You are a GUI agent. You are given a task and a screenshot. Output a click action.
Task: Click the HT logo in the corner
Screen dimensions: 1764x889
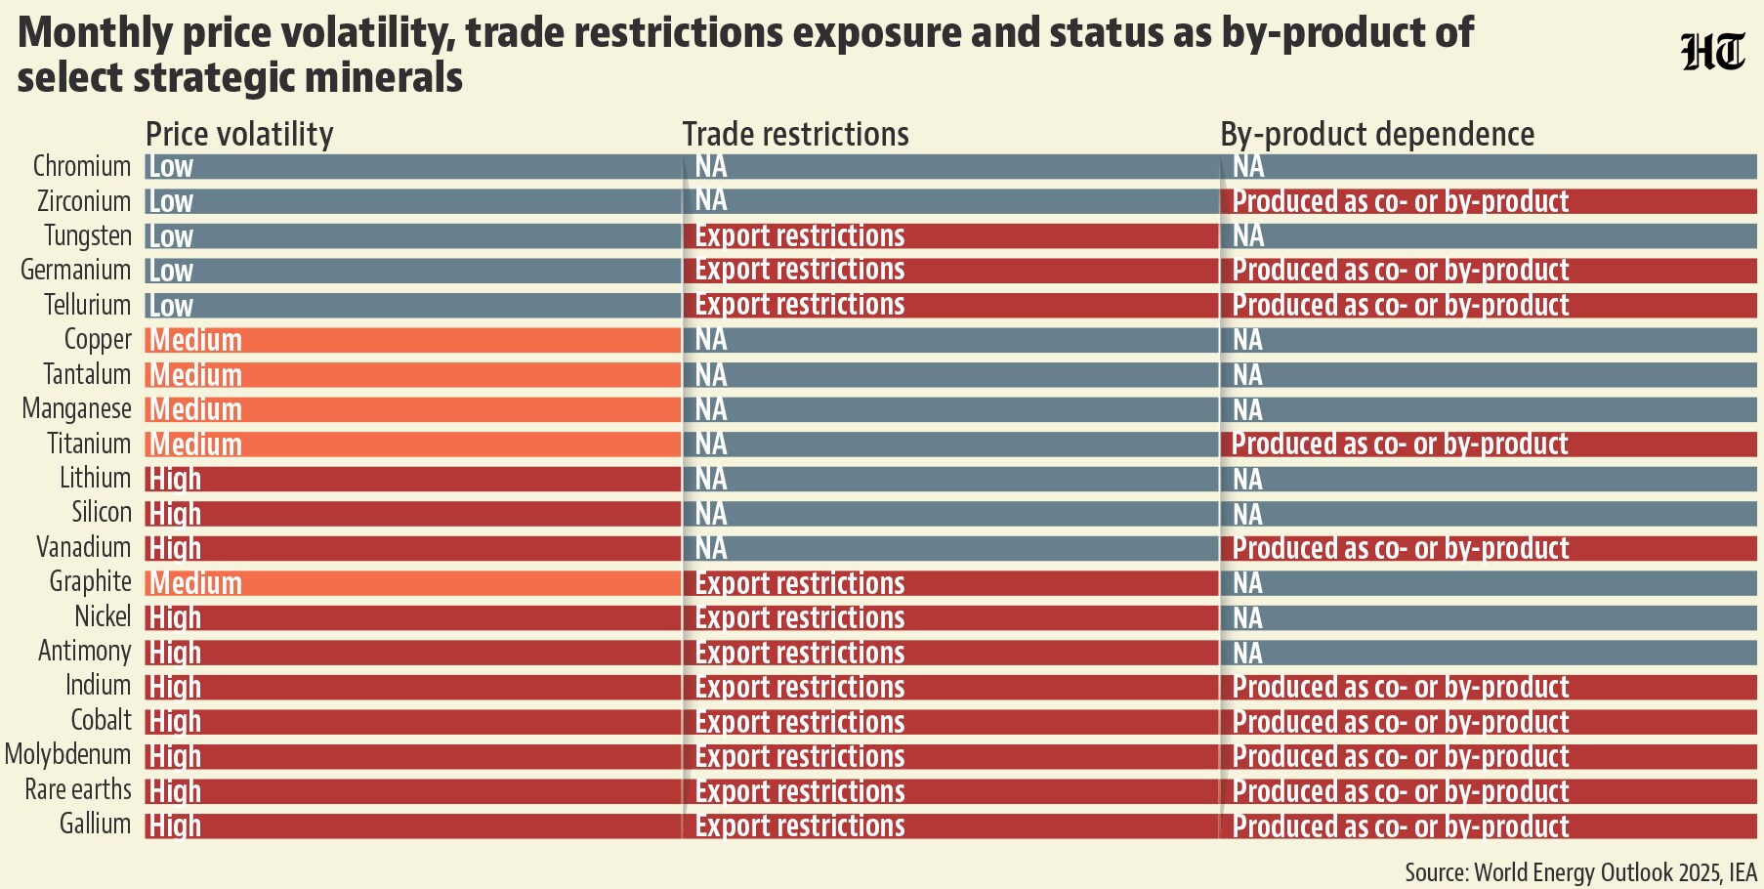[x=1712, y=53]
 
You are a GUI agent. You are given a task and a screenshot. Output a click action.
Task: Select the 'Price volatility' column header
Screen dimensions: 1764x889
[x=239, y=134]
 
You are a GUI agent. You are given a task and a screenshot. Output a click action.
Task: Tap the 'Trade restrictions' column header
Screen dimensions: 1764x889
[x=795, y=134]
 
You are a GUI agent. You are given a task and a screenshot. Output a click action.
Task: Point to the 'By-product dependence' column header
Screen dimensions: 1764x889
[x=1377, y=134]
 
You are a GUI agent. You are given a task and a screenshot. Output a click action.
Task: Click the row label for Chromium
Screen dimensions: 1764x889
[x=82, y=166]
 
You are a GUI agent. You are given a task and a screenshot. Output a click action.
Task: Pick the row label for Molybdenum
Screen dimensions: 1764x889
[x=67, y=755]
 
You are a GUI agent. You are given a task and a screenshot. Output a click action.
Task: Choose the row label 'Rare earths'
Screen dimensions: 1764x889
[x=78, y=789]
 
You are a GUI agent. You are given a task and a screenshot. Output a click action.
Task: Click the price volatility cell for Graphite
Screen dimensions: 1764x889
[x=413, y=583]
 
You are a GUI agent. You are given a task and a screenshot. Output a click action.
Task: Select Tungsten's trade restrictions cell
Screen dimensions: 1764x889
[x=950, y=235]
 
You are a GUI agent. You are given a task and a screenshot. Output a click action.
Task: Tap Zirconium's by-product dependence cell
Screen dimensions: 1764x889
[x=1489, y=201]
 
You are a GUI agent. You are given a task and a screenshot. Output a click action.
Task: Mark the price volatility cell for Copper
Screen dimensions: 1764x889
[x=413, y=340]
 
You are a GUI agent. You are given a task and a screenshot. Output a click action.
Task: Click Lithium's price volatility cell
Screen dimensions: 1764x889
[x=413, y=479]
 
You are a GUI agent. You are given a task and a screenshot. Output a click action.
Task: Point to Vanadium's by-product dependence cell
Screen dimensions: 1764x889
[x=1489, y=548]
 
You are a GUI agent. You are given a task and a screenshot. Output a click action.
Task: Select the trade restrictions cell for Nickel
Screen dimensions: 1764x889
[x=950, y=617]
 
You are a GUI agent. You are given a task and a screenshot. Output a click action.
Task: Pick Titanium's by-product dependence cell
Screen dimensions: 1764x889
[x=1489, y=444]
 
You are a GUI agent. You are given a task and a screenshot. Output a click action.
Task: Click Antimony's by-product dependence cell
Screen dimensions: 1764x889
[x=1489, y=653]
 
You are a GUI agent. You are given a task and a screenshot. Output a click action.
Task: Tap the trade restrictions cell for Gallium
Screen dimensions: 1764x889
[x=950, y=825]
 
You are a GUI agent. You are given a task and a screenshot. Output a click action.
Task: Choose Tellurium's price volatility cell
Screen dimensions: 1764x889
[x=413, y=306]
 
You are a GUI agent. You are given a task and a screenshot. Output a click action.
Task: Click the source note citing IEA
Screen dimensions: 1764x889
[x=1580, y=871]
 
